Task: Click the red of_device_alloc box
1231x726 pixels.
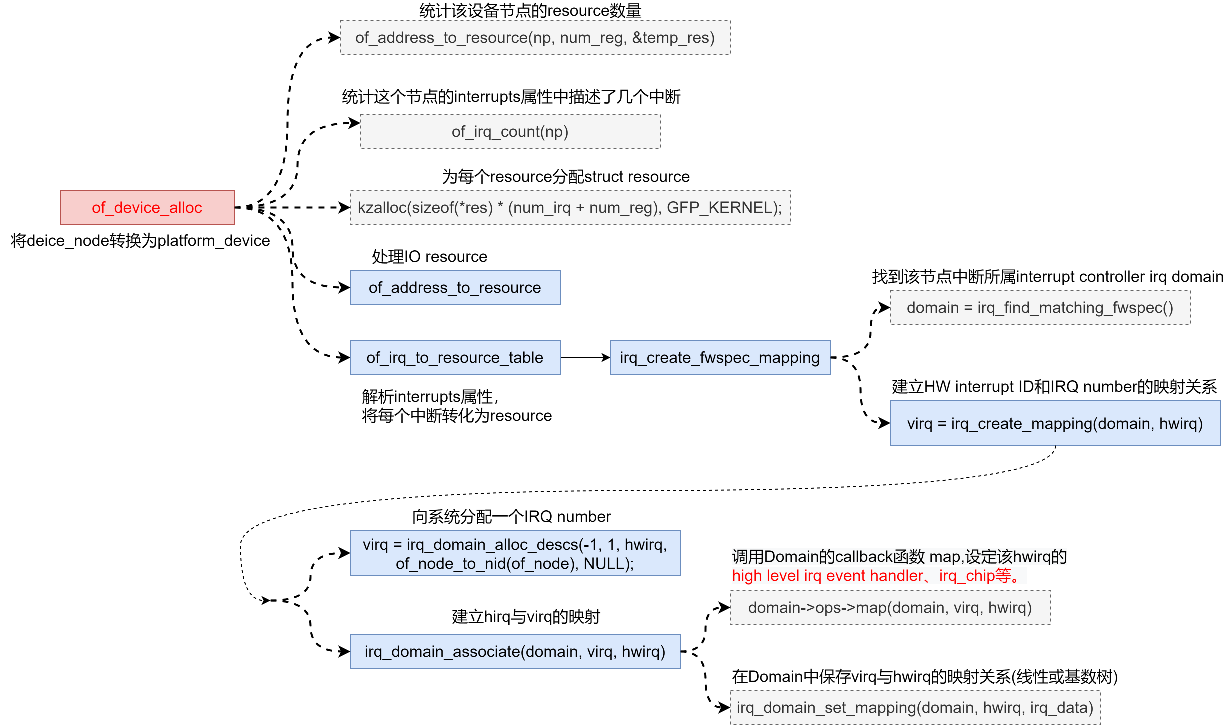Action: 147,207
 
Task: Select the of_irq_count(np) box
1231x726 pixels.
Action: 510,131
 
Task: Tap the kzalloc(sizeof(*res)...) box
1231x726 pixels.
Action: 570,207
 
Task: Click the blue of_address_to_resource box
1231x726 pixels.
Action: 455,288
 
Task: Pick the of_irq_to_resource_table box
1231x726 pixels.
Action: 455,357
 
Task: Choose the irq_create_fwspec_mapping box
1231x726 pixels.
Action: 720,357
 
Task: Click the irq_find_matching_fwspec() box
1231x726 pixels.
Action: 1040,308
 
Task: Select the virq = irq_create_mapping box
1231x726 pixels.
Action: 1055,423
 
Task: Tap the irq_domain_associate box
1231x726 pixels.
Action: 515,652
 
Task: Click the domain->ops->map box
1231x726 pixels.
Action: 890,607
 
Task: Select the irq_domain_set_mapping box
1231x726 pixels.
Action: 914,707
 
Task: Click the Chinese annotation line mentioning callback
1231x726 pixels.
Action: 899,557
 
